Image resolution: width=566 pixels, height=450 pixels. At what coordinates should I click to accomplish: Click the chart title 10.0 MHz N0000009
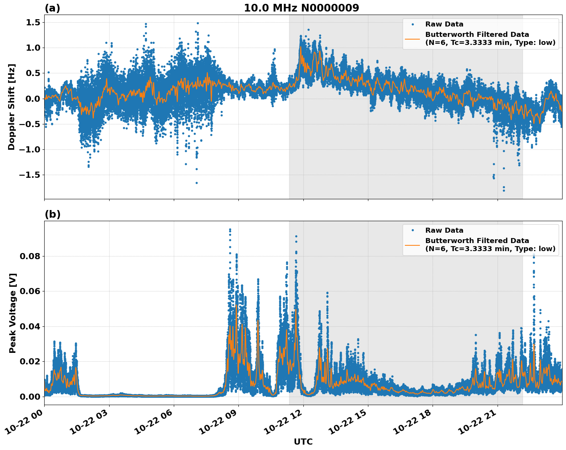[301, 8]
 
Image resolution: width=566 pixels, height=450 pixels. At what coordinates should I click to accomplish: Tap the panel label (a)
[52, 8]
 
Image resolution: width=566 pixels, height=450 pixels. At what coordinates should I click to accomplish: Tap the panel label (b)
[52, 214]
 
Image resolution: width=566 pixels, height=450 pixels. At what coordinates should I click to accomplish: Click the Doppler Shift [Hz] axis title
[12, 107]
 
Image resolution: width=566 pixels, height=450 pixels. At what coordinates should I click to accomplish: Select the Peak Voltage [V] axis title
[13, 313]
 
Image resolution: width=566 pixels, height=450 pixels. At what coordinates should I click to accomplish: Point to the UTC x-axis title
[303, 442]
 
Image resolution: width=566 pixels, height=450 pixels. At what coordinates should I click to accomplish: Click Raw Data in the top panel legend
[444, 24]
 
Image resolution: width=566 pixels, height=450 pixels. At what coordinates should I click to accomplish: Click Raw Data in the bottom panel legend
[444, 230]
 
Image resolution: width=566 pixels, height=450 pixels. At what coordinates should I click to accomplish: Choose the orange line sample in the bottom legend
[412, 245]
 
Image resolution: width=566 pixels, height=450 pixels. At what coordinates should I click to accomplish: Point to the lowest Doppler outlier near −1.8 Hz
[504, 190]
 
